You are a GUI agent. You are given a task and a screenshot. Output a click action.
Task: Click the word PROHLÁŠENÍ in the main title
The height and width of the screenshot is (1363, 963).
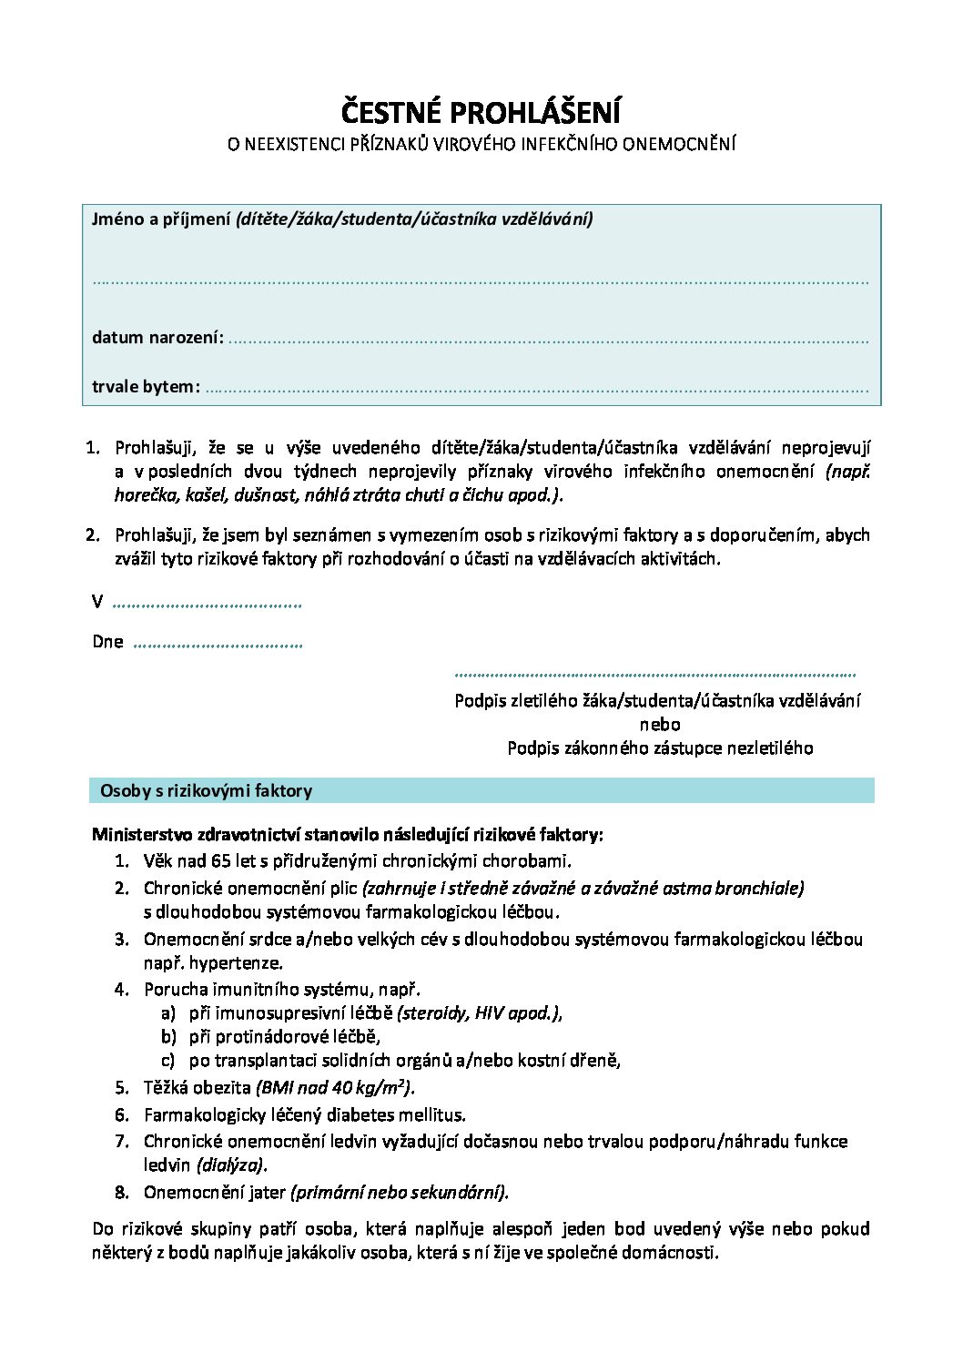pos(537,113)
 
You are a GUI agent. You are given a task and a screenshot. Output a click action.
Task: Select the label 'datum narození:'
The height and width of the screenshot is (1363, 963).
pos(157,338)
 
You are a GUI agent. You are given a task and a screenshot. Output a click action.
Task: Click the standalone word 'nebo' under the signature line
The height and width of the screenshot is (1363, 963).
pos(660,725)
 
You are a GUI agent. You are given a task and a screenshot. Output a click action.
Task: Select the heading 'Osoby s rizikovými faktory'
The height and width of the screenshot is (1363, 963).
pos(206,790)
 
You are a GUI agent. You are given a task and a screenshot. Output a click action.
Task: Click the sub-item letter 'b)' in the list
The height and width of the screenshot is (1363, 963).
pos(168,1036)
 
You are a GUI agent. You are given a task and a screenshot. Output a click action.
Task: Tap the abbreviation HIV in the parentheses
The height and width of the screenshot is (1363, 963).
pos(490,1012)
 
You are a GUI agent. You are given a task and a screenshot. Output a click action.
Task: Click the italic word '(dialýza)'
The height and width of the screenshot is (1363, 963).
pos(232,1165)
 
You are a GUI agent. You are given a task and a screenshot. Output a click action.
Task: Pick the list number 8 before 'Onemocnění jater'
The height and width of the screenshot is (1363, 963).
pos(122,1192)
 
